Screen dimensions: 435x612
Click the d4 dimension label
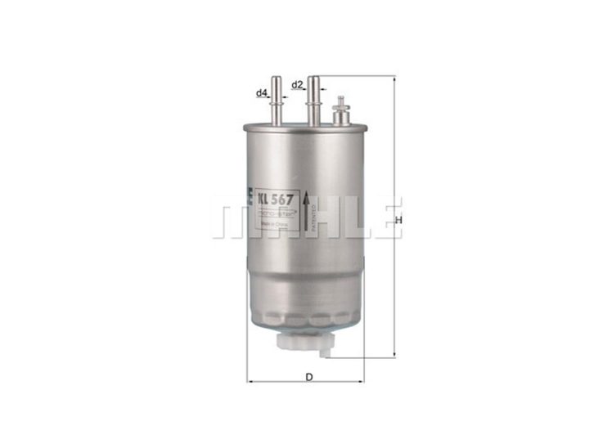pos(262,93)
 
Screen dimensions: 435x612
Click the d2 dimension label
pos(297,84)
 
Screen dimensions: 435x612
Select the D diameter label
pos(308,376)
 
